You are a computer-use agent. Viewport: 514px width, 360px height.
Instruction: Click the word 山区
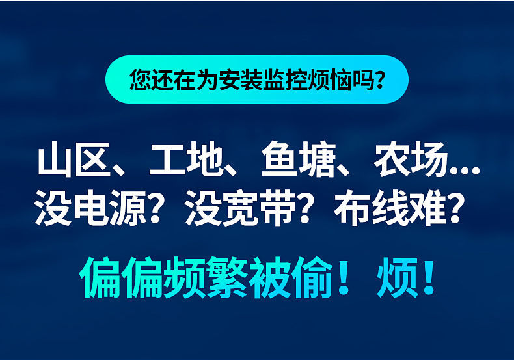click(x=74, y=159)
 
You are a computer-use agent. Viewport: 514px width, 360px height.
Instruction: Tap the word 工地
click(x=186, y=159)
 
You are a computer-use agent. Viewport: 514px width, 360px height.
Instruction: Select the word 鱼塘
click(x=299, y=159)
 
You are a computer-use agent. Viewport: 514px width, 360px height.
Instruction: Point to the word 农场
click(x=411, y=159)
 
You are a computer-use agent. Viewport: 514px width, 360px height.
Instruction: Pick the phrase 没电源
click(x=90, y=208)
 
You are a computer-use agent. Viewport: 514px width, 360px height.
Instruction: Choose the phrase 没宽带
click(x=241, y=208)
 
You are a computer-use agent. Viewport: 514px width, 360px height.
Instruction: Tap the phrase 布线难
click(x=390, y=208)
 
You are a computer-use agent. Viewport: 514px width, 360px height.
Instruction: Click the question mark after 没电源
click(x=155, y=207)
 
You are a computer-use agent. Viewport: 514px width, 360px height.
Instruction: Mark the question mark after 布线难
click(x=456, y=207)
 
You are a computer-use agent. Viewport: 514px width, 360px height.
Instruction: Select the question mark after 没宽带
click(x=306, y=207)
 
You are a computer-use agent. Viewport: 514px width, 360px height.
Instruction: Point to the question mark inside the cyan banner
click(x=380, y=79)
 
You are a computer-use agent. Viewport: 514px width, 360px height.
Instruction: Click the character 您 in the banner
click(x=141, y=79)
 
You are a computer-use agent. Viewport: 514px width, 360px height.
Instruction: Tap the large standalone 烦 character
click(x=398, y=277)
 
